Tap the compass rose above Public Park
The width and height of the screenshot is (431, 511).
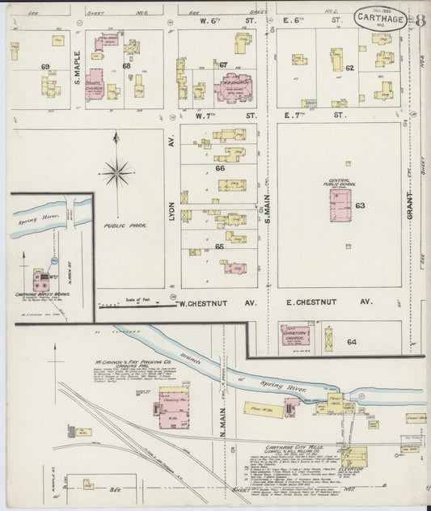point(117,171)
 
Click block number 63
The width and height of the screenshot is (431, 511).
point(360,205)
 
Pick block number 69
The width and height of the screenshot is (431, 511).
point(45,65)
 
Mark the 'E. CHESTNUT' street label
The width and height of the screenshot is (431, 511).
point(315,302)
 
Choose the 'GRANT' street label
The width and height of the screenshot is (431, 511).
point(412,205)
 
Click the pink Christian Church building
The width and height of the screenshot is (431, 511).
point(297,336)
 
